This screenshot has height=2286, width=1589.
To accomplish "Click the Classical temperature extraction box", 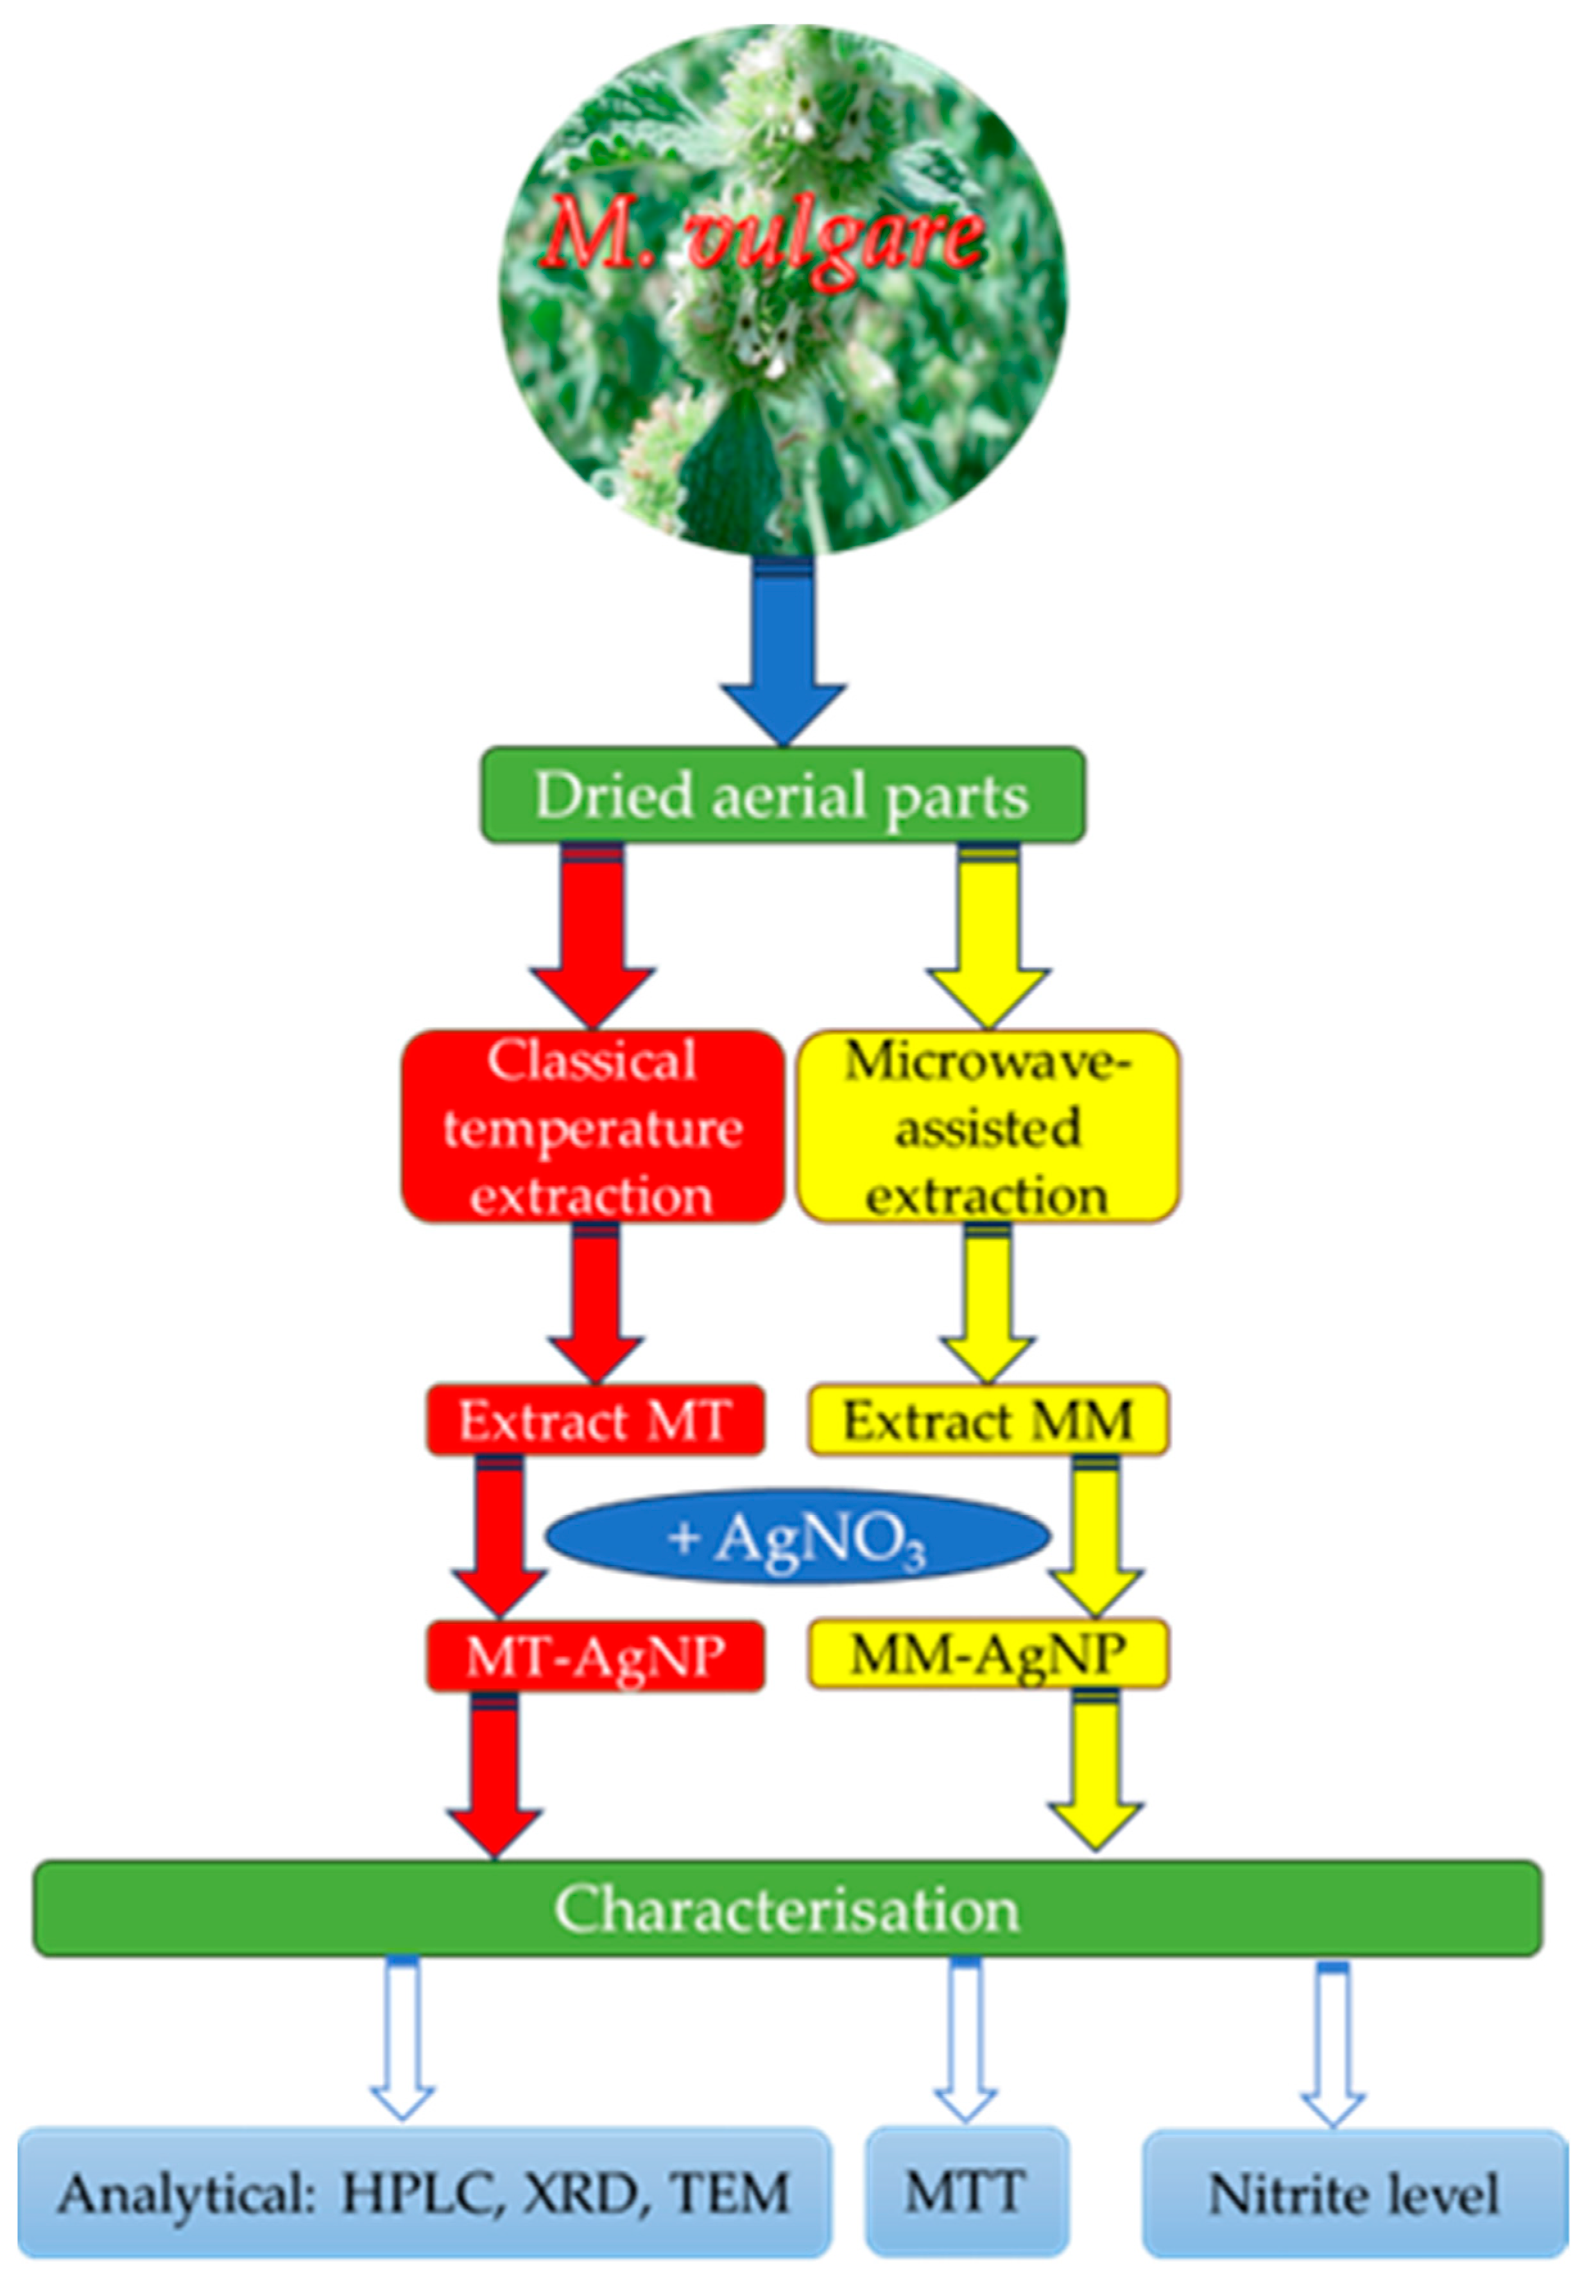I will coord(594,1127).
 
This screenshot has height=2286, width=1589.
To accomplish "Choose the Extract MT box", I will coord(596,1420).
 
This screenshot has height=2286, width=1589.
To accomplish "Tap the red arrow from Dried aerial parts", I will coord(592,930).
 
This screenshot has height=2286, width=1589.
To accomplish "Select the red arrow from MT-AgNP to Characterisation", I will coord(495,1771).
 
